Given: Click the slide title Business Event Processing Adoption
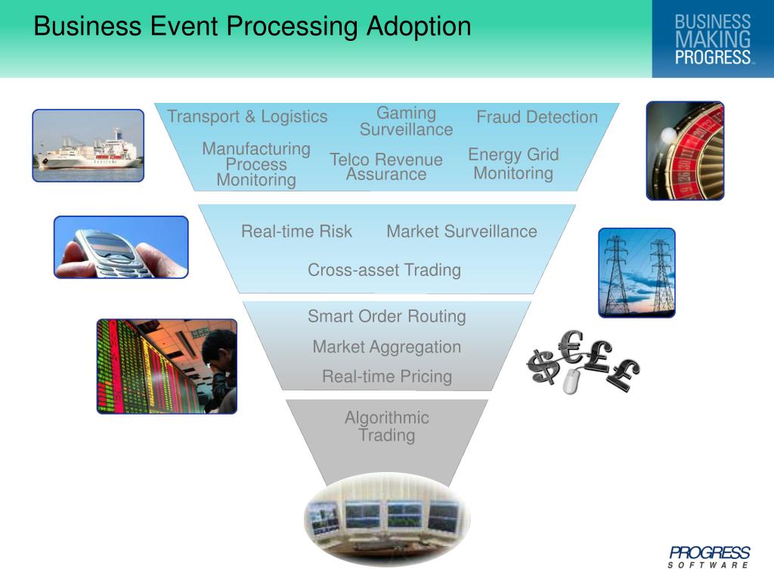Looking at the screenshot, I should click(252, 26).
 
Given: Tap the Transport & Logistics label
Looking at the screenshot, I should click(247, 117).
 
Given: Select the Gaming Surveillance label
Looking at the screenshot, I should click(406, 121).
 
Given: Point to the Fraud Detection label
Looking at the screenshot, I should click(537, 117).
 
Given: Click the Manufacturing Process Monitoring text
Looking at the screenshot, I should click(256, 164).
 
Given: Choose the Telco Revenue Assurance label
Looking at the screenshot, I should click(386, 166).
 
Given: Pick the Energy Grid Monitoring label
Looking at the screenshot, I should click(513, 163).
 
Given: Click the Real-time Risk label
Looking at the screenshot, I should click(296, 231).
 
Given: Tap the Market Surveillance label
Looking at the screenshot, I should click(462, 231).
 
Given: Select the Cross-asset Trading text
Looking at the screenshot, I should click(384, 270).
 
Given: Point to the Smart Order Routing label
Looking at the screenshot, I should click(386, 316).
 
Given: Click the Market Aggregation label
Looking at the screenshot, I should click(386, 347).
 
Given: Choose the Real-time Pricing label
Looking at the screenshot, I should click(386, 376).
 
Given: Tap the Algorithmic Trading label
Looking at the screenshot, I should click(386, 426).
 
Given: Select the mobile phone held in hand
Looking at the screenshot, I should click(113, 250).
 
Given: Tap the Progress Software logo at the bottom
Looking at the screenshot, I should click(709, 557).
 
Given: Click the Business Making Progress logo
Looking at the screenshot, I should click(713, 39).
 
